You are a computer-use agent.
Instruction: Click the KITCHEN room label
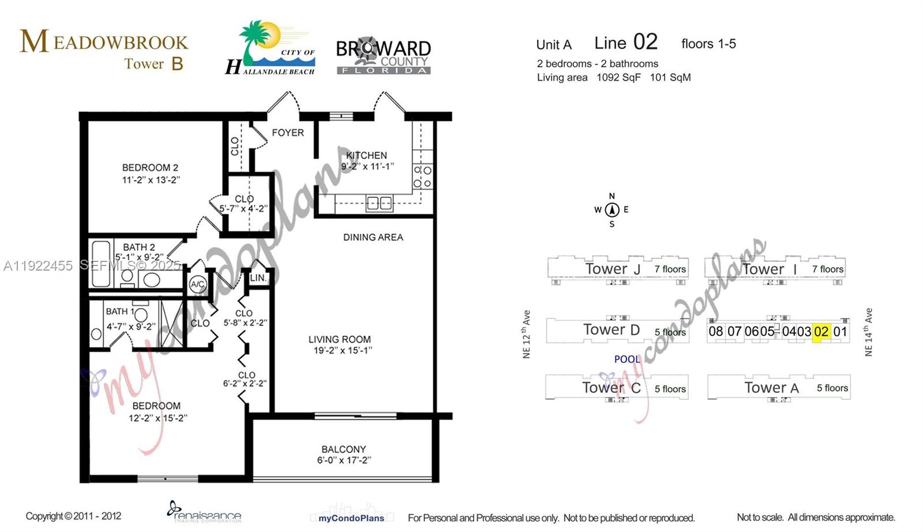pyautogui.click(x=366, y=155)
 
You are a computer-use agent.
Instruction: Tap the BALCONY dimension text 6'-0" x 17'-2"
pyautogui.click(x=344, y=460)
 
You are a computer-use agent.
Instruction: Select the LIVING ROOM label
pyautogui.click(x=339, y=339)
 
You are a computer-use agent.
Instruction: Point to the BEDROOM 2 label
pyautogui.click(x=150, y=168)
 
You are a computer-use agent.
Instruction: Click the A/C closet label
pyautogui.click(x=198, y=284)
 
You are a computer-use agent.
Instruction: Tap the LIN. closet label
pyautogui.click(x=258, y=278)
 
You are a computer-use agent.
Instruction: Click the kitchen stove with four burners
pyautogui.click(x=422, y=177)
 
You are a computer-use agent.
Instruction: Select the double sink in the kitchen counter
pyautogui.click(x=380, y=203)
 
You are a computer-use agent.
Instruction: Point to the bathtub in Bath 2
pyautogui.click(x=101, y=264)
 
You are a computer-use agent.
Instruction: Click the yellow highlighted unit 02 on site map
pyautogui.click(x=821, y=332)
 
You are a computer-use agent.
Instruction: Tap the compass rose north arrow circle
pyautogui.click(x=612, y=209)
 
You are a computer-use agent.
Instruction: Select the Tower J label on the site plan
pyautogui.click(x=613, y=269)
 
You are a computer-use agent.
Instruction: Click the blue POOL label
pyautogui.click(x=627, y=359)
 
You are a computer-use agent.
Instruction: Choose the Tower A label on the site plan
pyautogui.click(x=771, y=388)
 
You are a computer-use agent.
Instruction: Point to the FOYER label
pyautogui.click(x=287, y=133)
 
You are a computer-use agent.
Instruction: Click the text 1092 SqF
pyautogui.click(x=618, y=77)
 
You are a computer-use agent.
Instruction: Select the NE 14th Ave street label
pyautogui.click(x=868, y=332)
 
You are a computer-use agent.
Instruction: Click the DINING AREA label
pyautogui.click(x=373, y=237)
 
